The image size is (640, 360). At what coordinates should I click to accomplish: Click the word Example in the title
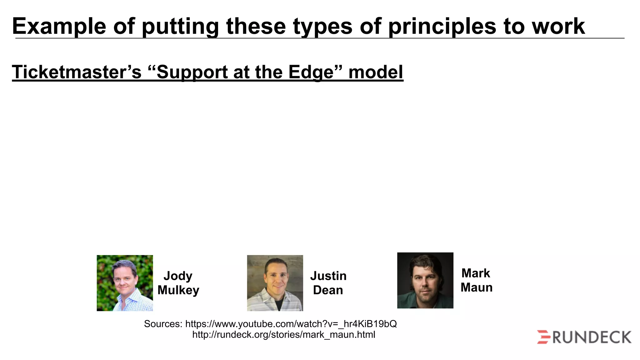tap(59, 26)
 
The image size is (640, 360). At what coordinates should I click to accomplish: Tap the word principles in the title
tap(442, 26)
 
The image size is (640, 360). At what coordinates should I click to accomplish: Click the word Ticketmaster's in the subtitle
tap(77, 72)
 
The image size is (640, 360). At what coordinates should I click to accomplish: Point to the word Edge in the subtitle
tap(311, 72)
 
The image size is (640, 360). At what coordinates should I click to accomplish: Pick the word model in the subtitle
tap(376, 72)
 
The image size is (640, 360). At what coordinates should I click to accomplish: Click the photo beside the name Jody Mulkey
tap(125, 283)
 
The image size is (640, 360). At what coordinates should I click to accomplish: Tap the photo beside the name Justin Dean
tap(275, 283)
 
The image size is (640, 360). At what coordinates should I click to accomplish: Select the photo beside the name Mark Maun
tap(425, 280)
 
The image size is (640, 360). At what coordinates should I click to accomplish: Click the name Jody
tap(178, 276)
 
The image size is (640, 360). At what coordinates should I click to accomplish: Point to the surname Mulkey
tap(178, 290)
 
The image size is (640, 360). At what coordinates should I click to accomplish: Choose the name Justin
tap(328, 276)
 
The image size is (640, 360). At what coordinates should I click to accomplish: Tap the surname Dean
tap(328, 290)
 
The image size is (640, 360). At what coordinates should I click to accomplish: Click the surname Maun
tap(476, 287)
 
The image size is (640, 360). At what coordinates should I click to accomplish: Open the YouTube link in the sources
tap(291, 324)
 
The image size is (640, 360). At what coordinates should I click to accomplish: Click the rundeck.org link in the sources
tap(283, 335)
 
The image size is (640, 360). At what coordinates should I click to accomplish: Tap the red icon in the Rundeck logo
tap(544, 337)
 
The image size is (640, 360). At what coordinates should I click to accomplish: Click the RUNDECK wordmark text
tap(592, 337)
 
